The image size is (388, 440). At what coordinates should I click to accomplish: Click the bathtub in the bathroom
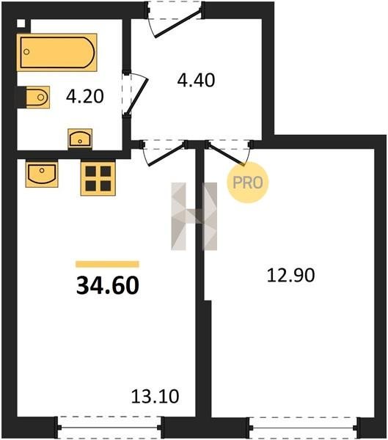[56, 52]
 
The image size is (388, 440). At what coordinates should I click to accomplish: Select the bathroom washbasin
[80, 139]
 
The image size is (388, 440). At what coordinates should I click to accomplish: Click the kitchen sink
[42, 174]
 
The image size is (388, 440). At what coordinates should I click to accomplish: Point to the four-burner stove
[98, 178]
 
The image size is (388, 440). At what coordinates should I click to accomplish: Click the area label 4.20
[85, 96]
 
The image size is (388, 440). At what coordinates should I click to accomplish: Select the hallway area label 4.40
[196, 80]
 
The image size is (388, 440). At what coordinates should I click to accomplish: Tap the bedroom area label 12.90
[290, 275]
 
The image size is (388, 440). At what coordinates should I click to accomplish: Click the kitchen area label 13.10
[155, 396]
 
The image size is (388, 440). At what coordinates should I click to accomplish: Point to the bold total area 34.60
[108, 285]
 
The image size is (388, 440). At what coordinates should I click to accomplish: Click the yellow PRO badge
[248, 183]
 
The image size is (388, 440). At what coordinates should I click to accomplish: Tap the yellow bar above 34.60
[107, 264]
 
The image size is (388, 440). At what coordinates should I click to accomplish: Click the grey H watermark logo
[194, 216]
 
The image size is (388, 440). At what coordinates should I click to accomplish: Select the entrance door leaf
[178, 23]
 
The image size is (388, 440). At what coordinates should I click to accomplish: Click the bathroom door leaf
[137, 96]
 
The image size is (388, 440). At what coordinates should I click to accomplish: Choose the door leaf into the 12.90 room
[225, 154]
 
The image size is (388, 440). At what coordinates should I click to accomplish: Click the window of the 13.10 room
[109, 428]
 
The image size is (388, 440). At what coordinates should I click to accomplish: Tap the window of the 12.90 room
[303, 428]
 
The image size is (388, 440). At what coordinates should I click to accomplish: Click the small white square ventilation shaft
[21, 23]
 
